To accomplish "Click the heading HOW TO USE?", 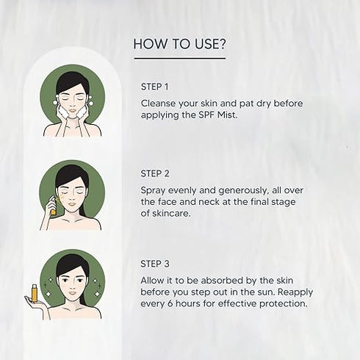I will tap(179, 45).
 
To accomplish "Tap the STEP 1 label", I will tap(154, 87).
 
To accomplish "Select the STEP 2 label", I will tap(155, 174).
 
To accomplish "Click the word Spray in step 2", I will tap(154, 190).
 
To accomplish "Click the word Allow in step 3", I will tap(154, 280).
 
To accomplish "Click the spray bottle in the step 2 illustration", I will tap(52, 206).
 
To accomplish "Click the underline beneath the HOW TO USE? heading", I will tap(179, 58).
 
